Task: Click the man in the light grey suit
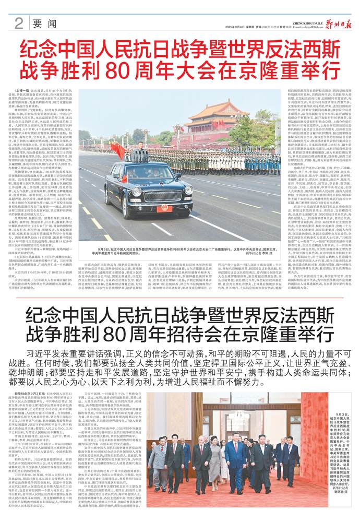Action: click(x=157, y=459)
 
